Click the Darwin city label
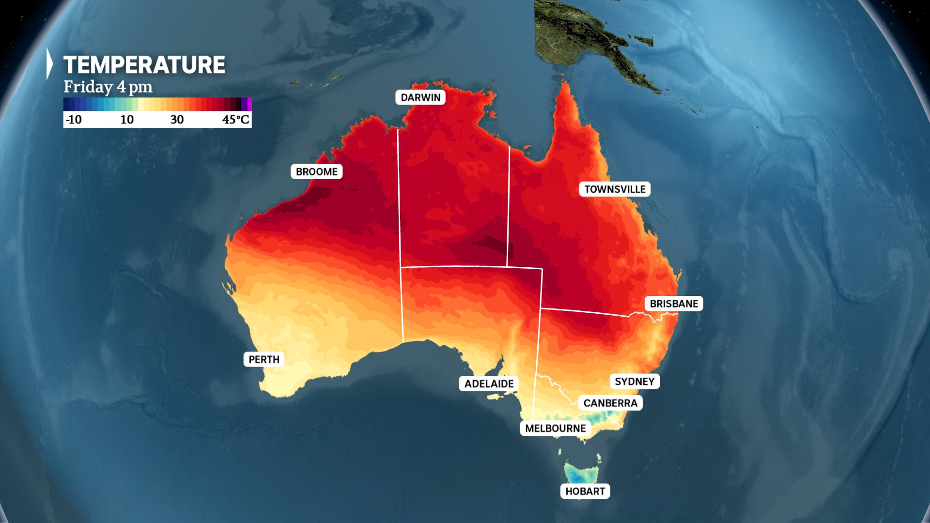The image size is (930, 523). point(420,97)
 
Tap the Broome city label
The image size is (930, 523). point(316,171)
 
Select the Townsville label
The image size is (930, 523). point(614,189)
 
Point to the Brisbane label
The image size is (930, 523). point(673,304)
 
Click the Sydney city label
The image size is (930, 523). point(634,382)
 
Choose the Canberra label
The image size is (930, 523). point(610,403)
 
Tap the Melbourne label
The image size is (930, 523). point(555,428)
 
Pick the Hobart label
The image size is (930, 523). point(585,491)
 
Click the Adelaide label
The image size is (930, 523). point(489,384)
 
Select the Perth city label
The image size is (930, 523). point(263,359)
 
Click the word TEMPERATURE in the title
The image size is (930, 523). point(144,65)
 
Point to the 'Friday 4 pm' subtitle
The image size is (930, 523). point(108,87)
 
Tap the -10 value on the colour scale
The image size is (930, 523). point(74,120)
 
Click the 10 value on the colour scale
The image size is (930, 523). point(127,120)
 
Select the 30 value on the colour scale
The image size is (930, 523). point(177,120)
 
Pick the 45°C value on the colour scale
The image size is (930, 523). point(235,120)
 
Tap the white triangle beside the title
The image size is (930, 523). point(49,63)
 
